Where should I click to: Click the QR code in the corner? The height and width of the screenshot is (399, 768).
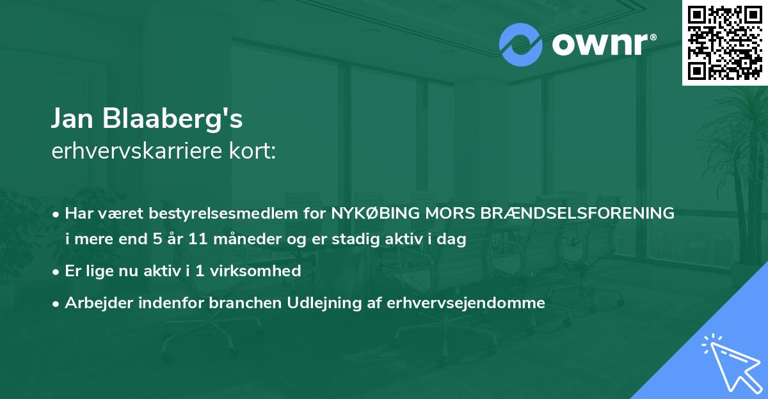[x=725, y=42]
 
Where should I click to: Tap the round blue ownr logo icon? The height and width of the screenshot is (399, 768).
[x=521, y=45]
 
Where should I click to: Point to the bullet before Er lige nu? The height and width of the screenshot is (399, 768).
[x=57, y=272]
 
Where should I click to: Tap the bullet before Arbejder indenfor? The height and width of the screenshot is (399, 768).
[x=57, y=304]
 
